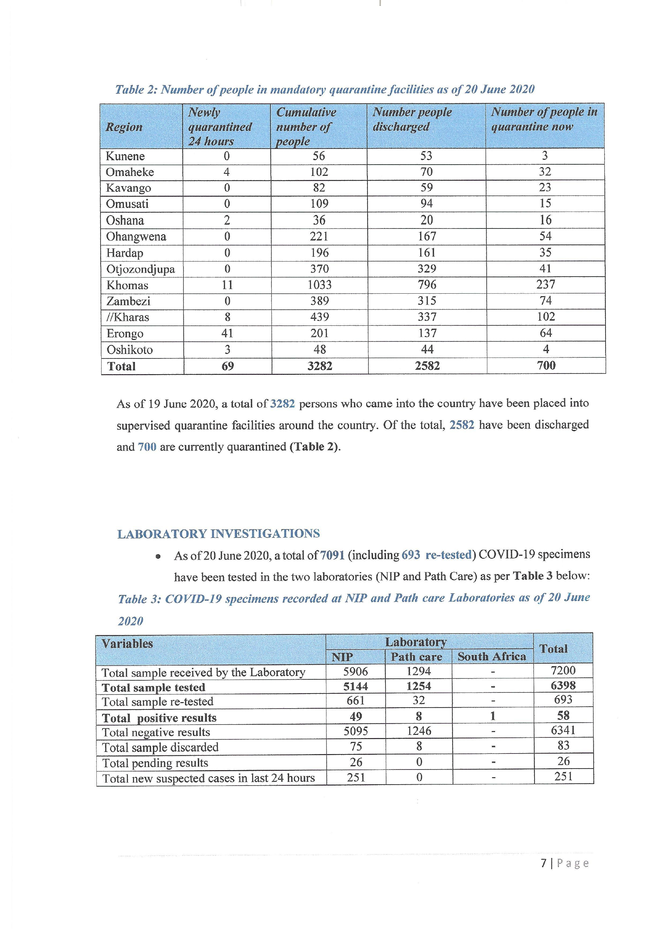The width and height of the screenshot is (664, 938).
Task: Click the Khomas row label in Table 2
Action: point(127,285)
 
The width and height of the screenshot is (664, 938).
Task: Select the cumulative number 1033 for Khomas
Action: point(319,285)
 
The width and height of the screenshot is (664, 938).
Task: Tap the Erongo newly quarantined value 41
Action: point(227,333)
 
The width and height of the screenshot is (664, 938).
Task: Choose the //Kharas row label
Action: point(128,317)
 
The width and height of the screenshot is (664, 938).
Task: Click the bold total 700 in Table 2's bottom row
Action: point(546,365)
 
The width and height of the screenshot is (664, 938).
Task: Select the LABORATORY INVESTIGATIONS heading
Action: point(218,534)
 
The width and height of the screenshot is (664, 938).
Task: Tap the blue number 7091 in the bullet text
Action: point(332,555)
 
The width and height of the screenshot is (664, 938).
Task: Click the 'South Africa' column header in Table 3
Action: point(492,657)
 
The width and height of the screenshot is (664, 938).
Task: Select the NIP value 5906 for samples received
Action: point(355,672)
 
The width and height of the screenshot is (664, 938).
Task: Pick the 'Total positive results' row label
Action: point(159,718)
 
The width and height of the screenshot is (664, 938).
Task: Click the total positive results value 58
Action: point(563,715)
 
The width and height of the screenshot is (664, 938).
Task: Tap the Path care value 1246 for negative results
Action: point(419,731)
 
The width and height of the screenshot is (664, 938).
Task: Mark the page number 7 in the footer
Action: point(544,863)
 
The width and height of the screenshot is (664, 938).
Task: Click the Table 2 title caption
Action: point(325,90)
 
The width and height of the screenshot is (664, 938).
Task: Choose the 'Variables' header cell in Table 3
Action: point(127,644)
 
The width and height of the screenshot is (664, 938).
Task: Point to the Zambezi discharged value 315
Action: point(427,301)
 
